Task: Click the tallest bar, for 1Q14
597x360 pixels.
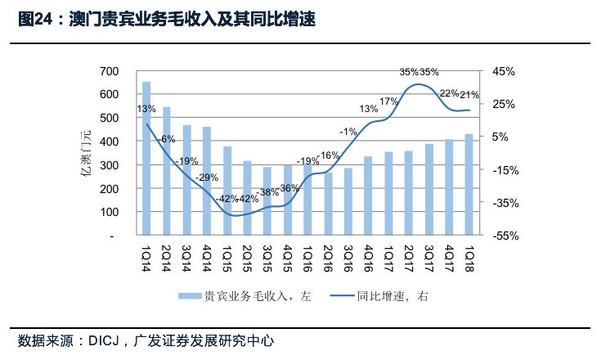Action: (x=146, y=159)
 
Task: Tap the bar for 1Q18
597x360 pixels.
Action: (x=469, y=185)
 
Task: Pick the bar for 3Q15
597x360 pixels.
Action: (x=267, y=201)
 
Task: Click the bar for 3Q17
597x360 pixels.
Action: (x=429, y=190)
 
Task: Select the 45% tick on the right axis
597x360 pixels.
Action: (x=505, y=71)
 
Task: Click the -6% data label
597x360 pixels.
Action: (x=166, y=139)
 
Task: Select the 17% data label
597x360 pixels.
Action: (x=388, y=101)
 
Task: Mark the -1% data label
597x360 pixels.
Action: (x=348, y=132)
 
